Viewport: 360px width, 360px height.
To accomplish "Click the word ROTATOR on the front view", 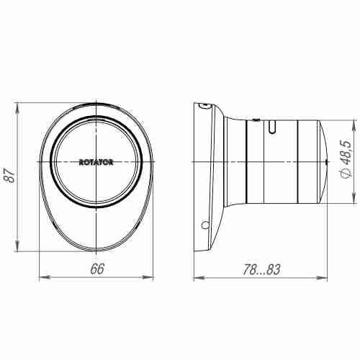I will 96,162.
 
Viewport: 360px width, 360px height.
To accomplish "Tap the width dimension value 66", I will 96,269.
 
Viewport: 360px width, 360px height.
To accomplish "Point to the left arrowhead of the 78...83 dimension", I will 197,276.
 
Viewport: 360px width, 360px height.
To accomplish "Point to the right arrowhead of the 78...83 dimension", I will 327,276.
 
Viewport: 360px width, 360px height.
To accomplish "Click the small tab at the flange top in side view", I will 205,105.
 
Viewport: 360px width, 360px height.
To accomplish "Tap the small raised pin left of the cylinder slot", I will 256,117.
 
